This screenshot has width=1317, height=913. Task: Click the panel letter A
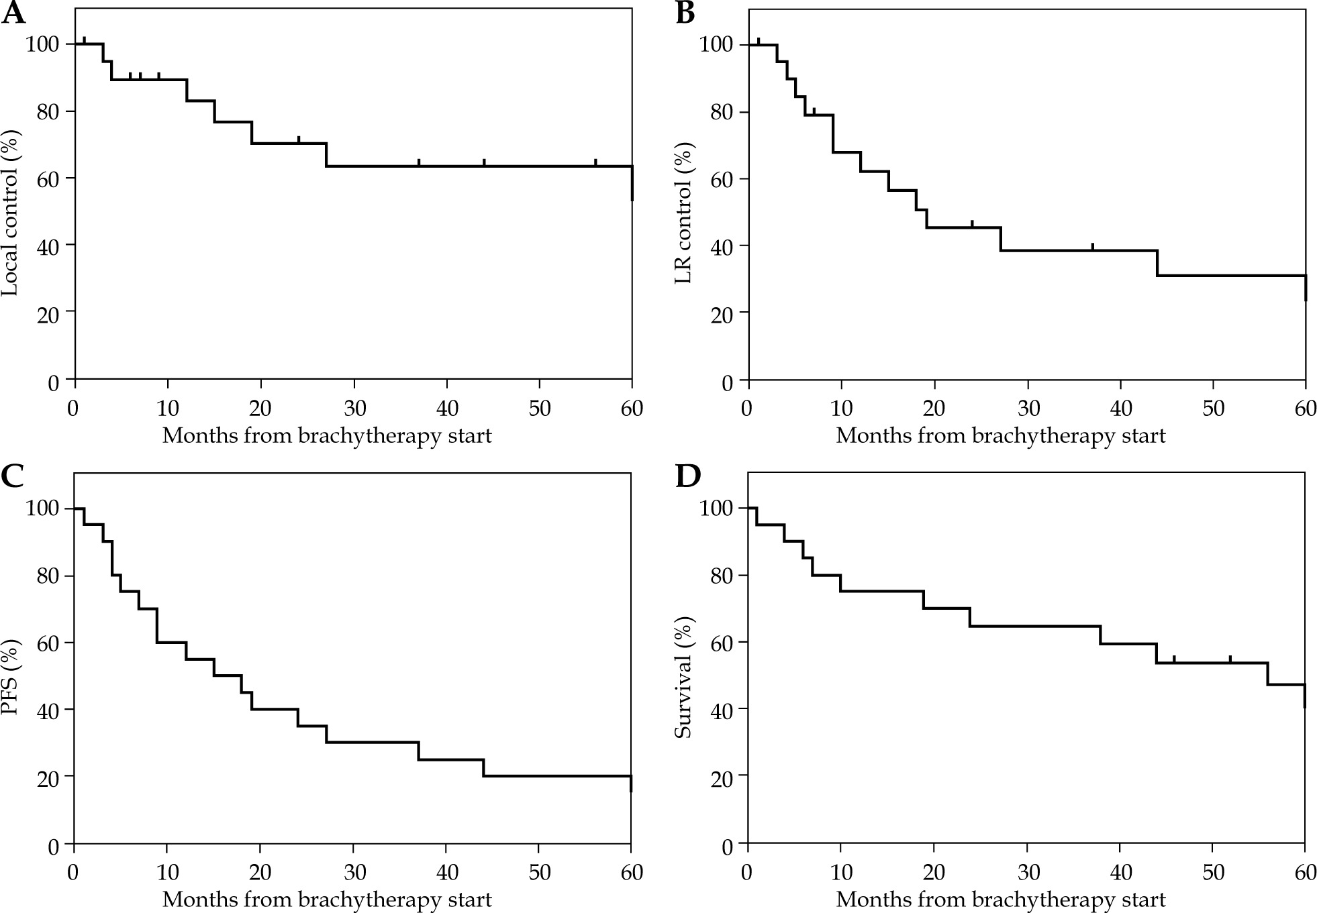click(x=13, y=13)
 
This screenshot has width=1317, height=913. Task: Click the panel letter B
click(x=685, y=13)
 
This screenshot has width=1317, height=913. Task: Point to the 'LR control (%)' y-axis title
click(x=684, y=213)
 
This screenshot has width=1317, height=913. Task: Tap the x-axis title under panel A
click(x=327, y=436)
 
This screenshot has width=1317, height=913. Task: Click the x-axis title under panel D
click(x=1000, y=900)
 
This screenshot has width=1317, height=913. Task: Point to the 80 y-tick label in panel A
click(x=42, y=111)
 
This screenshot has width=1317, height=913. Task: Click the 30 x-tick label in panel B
click(x=1027, y=409)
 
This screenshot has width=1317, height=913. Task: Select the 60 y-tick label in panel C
click(x=42, y=643)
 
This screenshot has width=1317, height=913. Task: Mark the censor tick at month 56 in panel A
click(x=595, y=162)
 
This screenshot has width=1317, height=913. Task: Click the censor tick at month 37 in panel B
click(x=1092, y=246)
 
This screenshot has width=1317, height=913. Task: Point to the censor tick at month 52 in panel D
click(x=1230, y=658)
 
